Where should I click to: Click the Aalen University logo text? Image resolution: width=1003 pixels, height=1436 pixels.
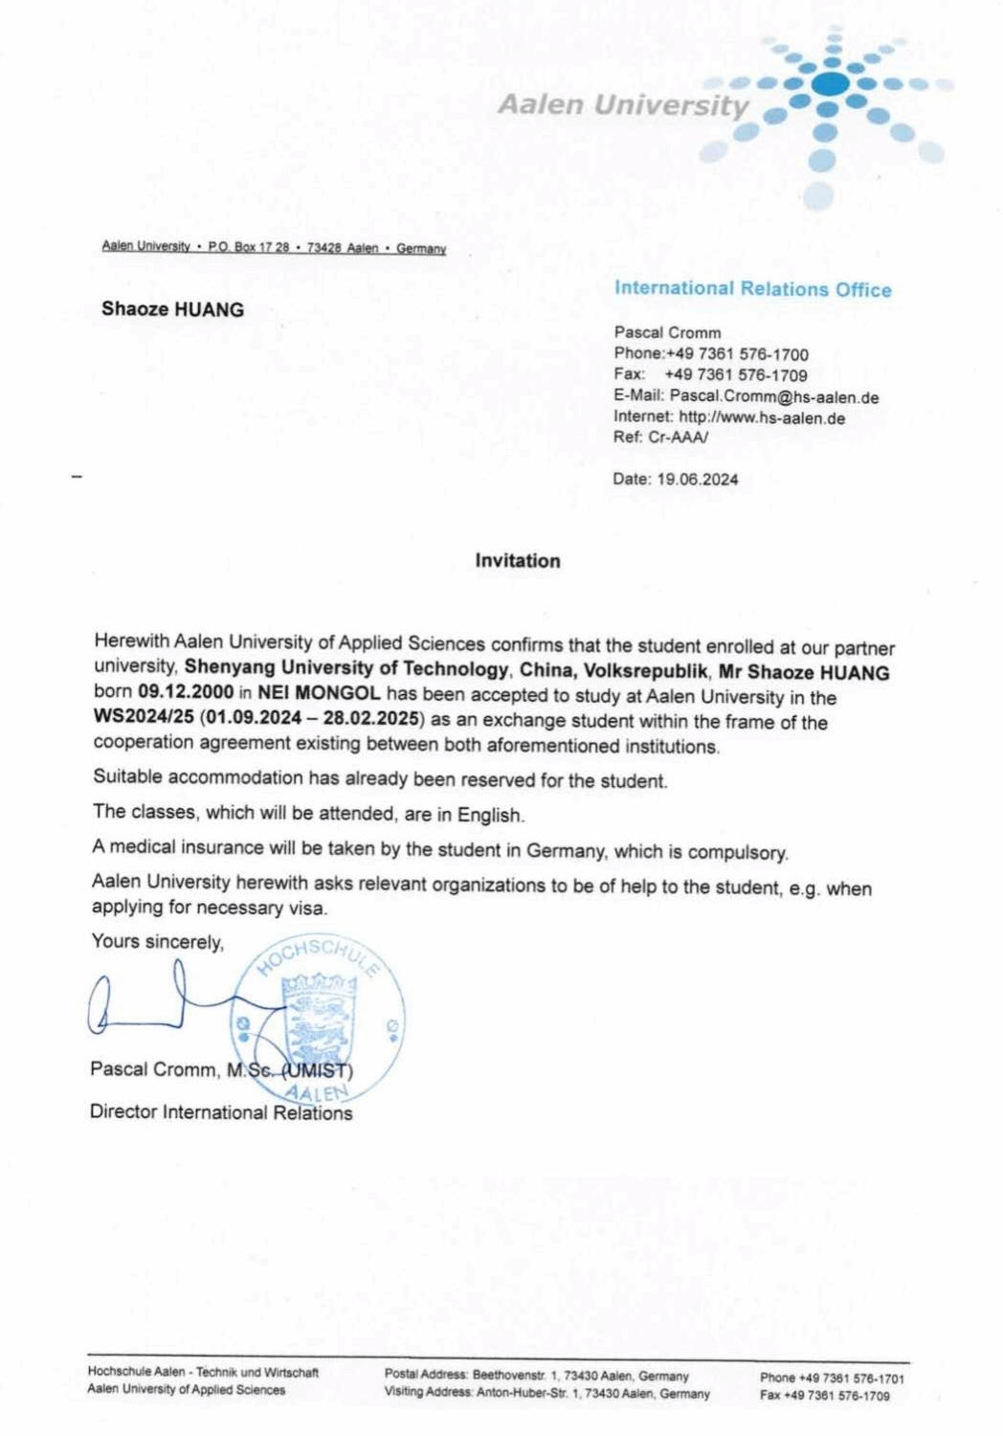tap(623, 104)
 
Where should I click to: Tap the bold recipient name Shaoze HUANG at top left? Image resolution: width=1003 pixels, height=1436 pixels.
tap(172, 309)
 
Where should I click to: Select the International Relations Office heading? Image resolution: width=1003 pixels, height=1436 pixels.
tap(752, 288)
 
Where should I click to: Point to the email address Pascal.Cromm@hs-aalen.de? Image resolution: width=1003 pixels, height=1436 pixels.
tap(773, 396)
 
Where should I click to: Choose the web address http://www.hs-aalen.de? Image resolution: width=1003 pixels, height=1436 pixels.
tap(762, 417)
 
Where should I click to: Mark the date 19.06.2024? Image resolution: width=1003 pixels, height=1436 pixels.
tap(697, 480)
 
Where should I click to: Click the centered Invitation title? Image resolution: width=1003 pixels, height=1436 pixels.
tap(518, 561)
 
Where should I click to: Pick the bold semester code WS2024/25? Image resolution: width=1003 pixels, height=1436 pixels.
tap(144, 717)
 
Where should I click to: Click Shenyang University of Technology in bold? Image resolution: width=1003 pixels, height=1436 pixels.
tap(346, 668)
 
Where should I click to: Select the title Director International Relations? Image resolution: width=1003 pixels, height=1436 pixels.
tap(221, 1112)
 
